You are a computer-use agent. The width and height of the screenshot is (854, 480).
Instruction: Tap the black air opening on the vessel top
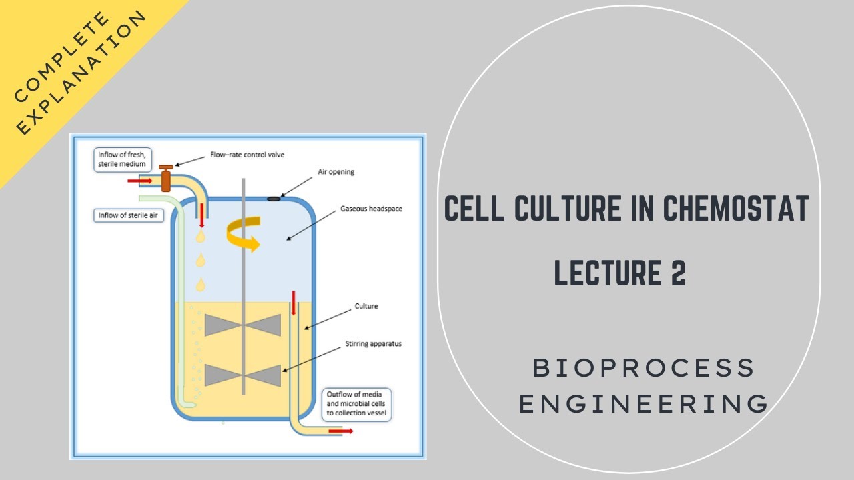click(274, 198)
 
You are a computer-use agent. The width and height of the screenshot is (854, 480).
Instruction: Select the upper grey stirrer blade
click(244, 325)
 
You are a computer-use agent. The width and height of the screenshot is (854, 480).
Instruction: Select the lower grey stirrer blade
click(244, 375)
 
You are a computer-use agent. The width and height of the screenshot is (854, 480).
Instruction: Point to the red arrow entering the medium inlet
click(139, 181)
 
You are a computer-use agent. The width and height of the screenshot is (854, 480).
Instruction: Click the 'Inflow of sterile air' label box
click(128, 215)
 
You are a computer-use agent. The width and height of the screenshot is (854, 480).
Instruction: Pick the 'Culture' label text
click(366, 307)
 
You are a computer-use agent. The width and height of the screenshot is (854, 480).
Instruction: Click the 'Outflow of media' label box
click(356, 404)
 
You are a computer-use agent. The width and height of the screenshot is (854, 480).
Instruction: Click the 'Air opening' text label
click(336, 171)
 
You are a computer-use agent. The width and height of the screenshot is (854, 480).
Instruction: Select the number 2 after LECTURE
click(677, 273)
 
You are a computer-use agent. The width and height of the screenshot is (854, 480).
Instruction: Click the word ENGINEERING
click(644, 404)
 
